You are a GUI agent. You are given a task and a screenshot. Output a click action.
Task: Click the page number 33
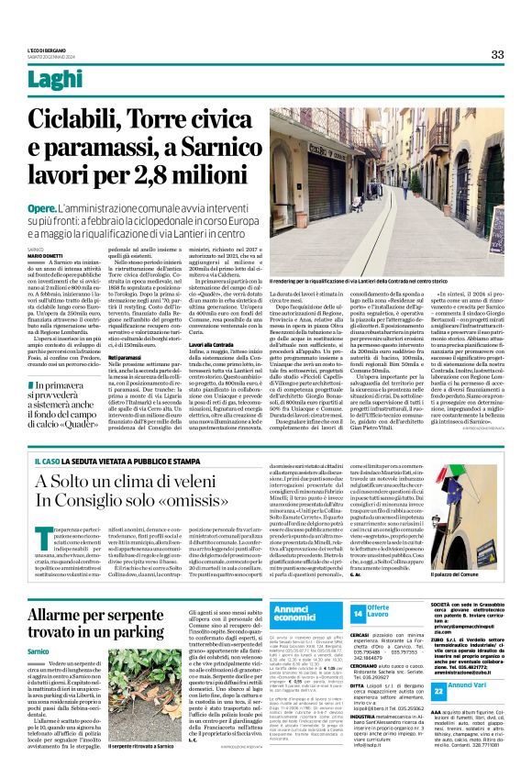click(496, 54)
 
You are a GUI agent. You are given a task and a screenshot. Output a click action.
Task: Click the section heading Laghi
click(51, 81)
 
